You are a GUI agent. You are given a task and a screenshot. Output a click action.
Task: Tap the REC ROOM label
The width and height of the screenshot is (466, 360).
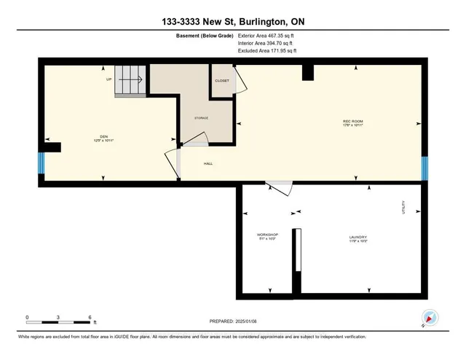click(353, 122)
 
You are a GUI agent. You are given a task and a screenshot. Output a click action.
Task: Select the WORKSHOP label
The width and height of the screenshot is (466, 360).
click(268, 236)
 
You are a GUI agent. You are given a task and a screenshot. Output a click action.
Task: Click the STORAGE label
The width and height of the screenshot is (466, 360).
click(201, 117)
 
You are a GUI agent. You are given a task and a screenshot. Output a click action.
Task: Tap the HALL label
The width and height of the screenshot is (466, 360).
click(208, 164)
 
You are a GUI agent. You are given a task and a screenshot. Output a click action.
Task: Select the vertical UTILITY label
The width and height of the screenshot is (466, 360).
click(402, 209)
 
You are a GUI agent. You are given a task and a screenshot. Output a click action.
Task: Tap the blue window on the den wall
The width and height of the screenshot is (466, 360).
click(41, 165)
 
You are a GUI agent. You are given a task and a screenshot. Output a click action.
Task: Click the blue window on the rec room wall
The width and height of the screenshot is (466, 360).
click(425, 168)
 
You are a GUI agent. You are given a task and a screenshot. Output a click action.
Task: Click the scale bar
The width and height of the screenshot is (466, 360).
click(58, 321)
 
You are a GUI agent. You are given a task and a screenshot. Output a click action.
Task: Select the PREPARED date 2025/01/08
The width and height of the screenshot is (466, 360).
click(234, 321)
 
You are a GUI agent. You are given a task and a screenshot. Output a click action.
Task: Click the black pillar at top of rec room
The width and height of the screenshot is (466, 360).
click(307, 71)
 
